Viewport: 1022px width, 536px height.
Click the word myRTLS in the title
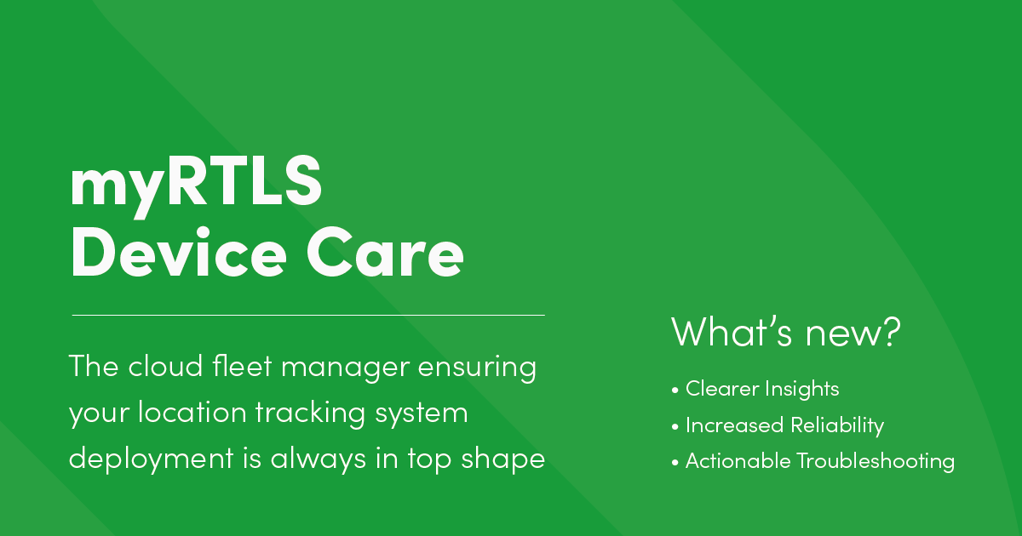[x=196, y=185]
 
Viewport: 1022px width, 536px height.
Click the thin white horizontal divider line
[x=308, y=315]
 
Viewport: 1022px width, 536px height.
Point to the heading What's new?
[x=785, y=332]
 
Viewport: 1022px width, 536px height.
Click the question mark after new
[x=890, y=332]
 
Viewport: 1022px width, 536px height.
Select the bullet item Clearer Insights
[x=761, y=389]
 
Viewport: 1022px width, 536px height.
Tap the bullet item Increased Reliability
[x=784, y=425]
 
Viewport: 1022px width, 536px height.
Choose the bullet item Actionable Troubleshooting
[x=818, y=462]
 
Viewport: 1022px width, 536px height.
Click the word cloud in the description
[x=163, y=368]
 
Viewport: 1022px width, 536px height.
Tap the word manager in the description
[x=341, y=369]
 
